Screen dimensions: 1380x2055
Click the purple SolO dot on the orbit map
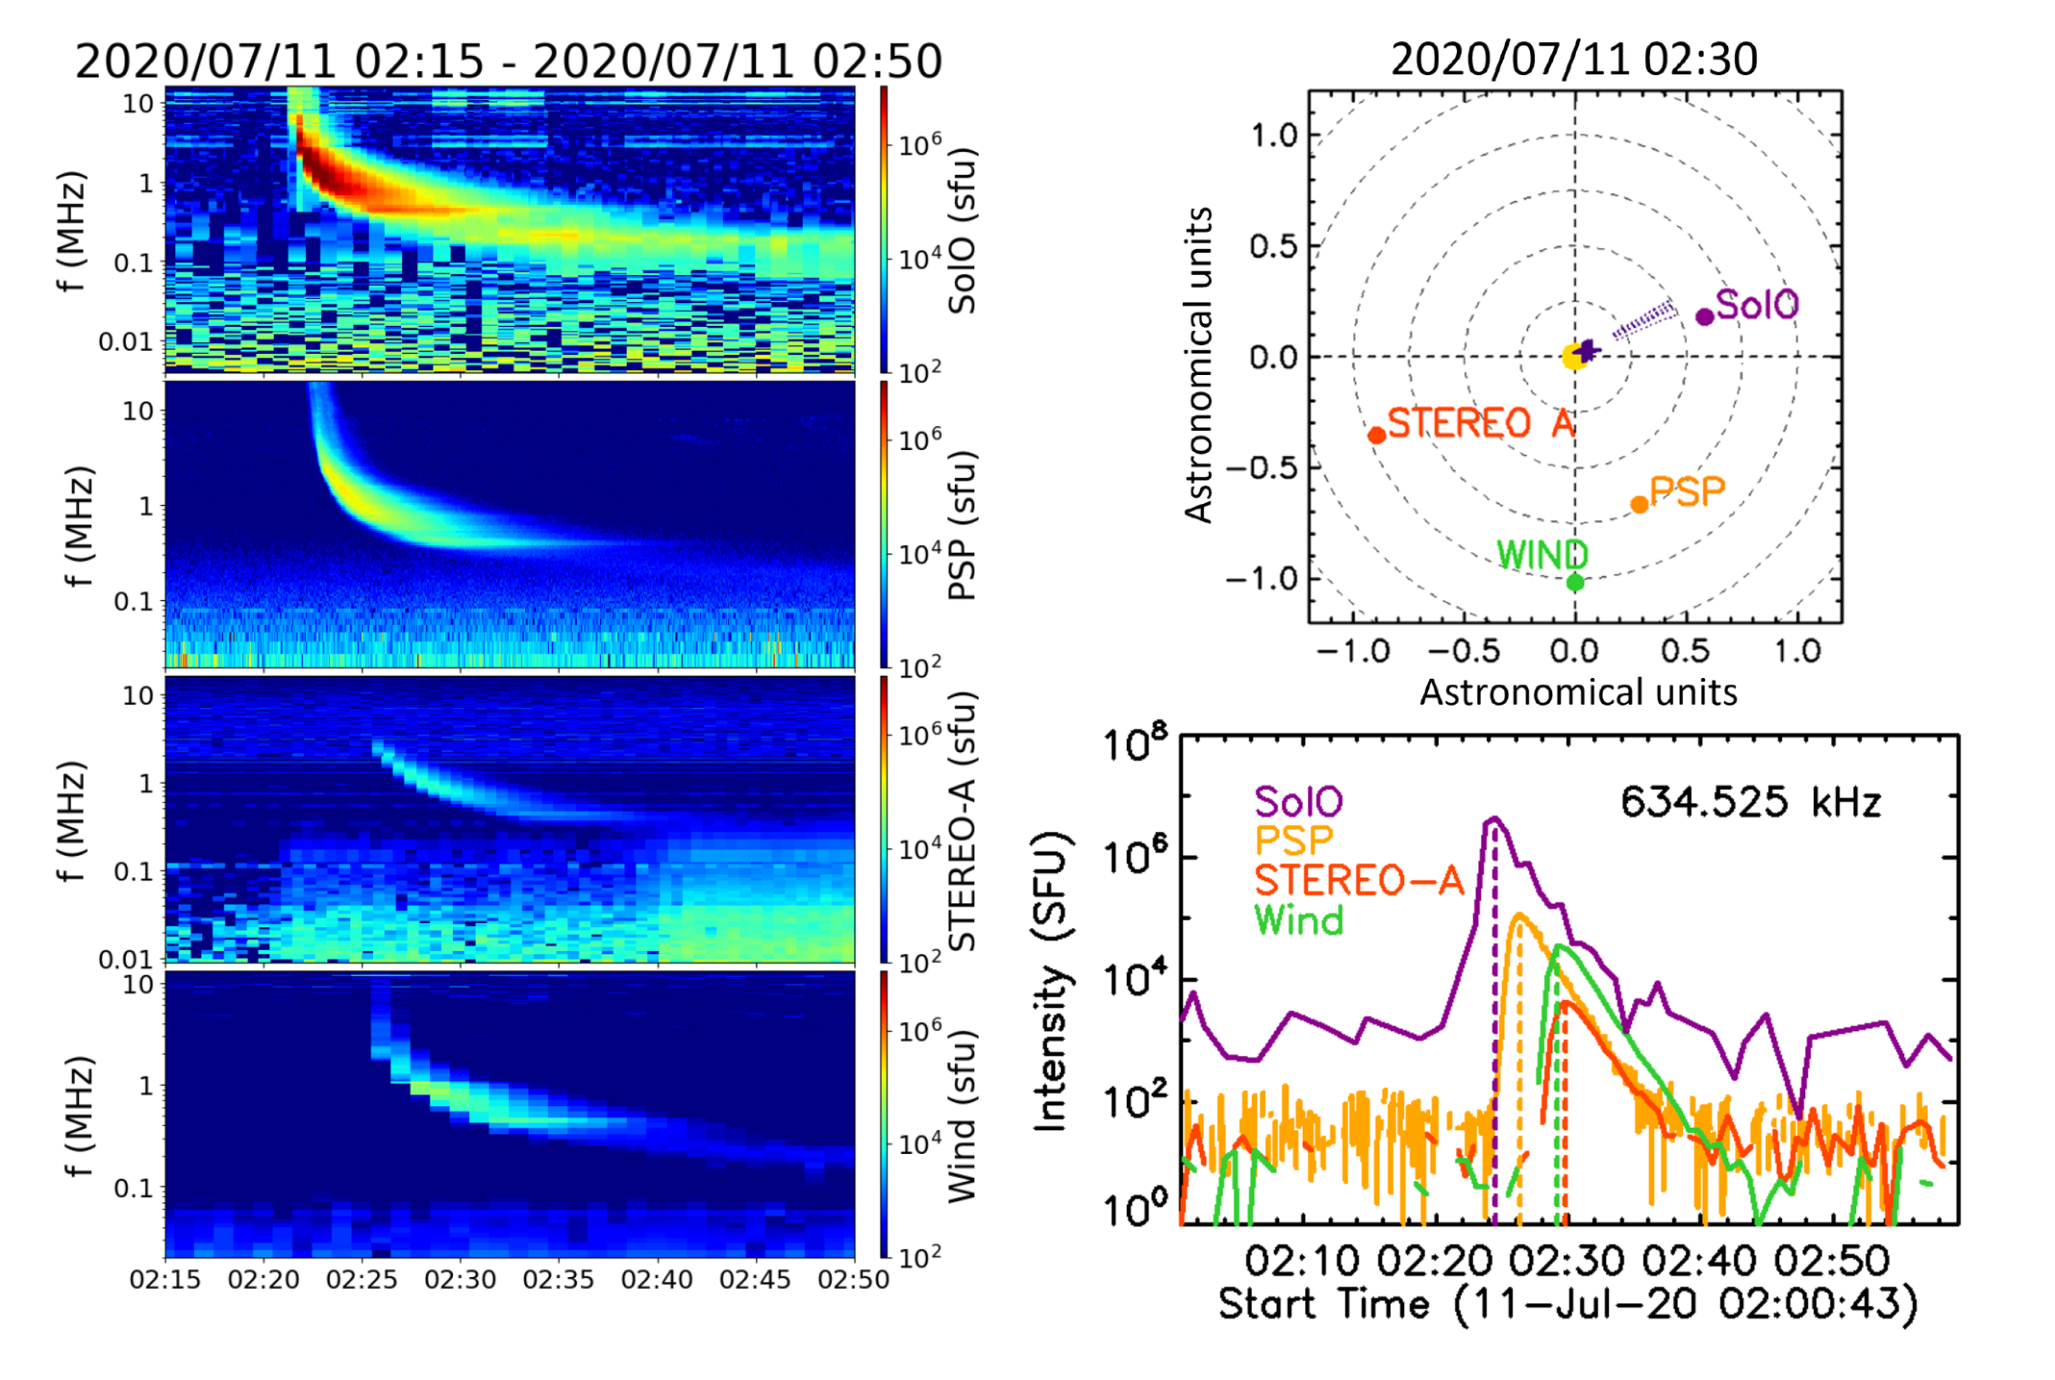[1704, 316]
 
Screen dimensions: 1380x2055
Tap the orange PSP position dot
[1640, 505]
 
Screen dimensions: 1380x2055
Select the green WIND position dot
[1575, 582]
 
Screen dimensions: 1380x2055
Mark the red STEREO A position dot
[1376, 436]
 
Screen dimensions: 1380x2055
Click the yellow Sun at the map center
[1574, 358]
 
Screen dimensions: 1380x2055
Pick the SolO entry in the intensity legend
[1298, 801]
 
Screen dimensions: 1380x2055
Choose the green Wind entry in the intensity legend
[1298, 921]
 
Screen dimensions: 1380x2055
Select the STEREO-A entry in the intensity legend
[1358, 881]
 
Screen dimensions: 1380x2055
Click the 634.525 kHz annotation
[1750, 801]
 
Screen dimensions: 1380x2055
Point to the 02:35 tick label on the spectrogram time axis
[559, 1280]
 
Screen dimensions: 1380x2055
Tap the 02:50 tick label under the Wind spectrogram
[853, 1280]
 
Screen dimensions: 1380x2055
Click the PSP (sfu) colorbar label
[963, 525]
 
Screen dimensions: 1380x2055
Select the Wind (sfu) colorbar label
[963, 1116]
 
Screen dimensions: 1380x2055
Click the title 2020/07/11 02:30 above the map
[1574, 60]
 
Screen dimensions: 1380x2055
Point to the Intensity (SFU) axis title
[1051, 981]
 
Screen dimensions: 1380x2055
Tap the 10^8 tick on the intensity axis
[1135, 744]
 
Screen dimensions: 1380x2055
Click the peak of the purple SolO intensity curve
[1494, 818]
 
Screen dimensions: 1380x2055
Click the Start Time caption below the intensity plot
[1567, 1305]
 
